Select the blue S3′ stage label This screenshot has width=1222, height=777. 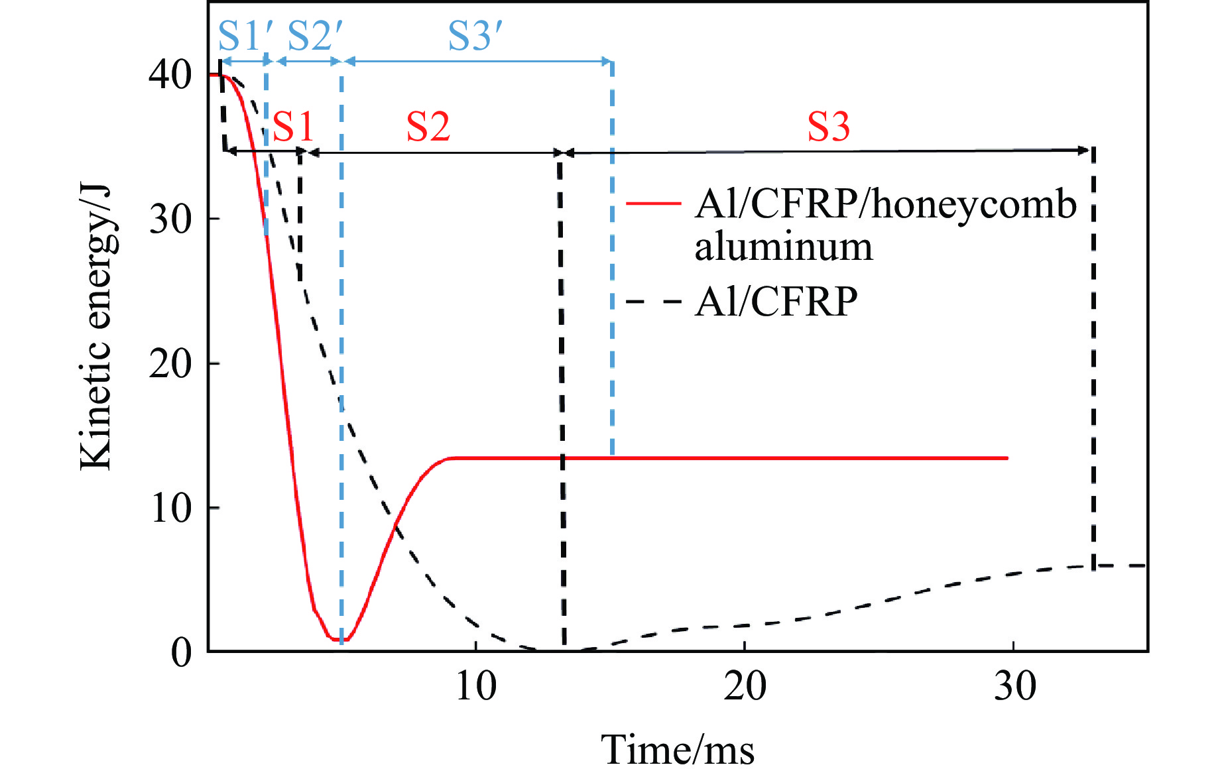475,36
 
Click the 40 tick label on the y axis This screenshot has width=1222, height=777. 170,74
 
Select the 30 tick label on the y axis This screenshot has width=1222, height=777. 170,219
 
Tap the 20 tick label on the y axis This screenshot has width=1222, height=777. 170,363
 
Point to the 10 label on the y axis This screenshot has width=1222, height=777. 170,508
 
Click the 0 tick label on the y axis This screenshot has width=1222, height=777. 182,652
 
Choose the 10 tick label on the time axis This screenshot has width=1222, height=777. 475,686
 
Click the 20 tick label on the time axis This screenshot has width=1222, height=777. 745,686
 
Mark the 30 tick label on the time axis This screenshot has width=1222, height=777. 1014,686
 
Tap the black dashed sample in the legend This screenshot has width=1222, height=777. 654,302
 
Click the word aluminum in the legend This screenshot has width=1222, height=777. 783,247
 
